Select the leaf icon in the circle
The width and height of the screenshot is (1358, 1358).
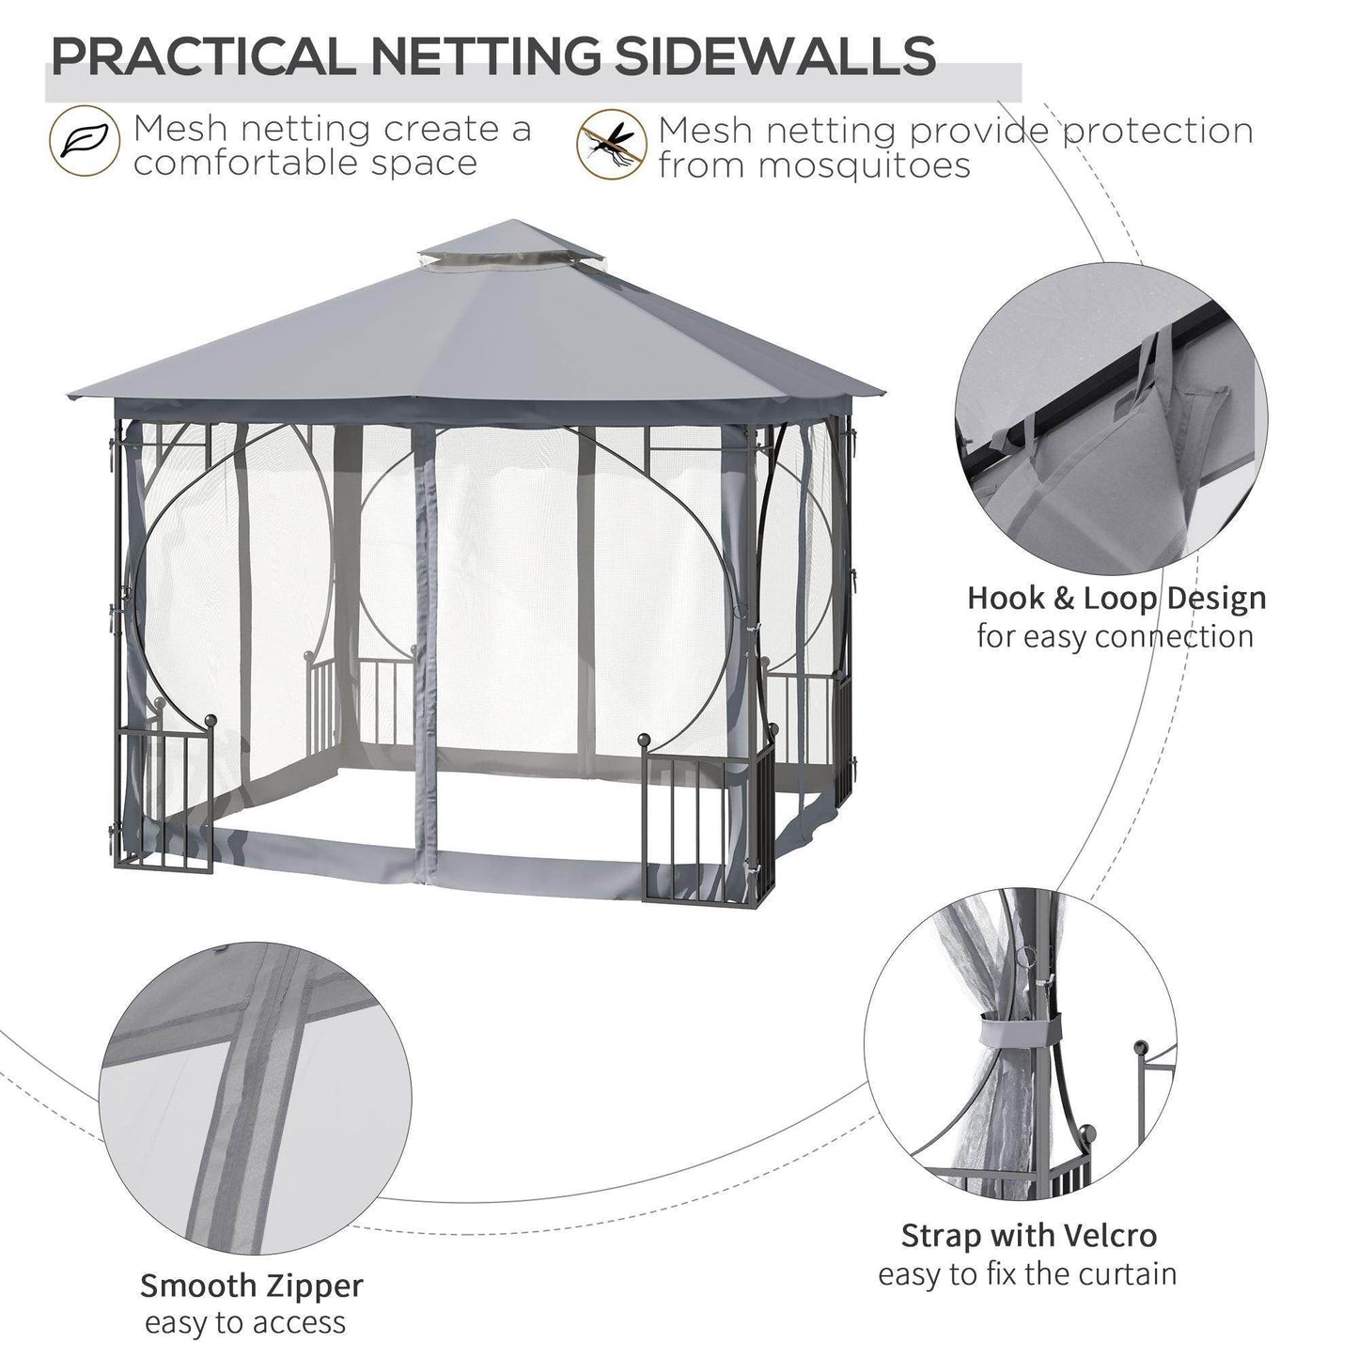point(85,144)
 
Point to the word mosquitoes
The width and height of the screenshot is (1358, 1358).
point(814,166)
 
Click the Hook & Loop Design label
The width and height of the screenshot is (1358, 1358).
point(1116,598)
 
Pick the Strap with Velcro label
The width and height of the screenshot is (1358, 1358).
point(1028,1234)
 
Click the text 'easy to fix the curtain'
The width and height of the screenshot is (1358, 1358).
point(1027,1274)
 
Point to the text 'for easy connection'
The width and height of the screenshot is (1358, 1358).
point(1115,636)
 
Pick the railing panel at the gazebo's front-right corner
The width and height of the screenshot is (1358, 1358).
point(708,822)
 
